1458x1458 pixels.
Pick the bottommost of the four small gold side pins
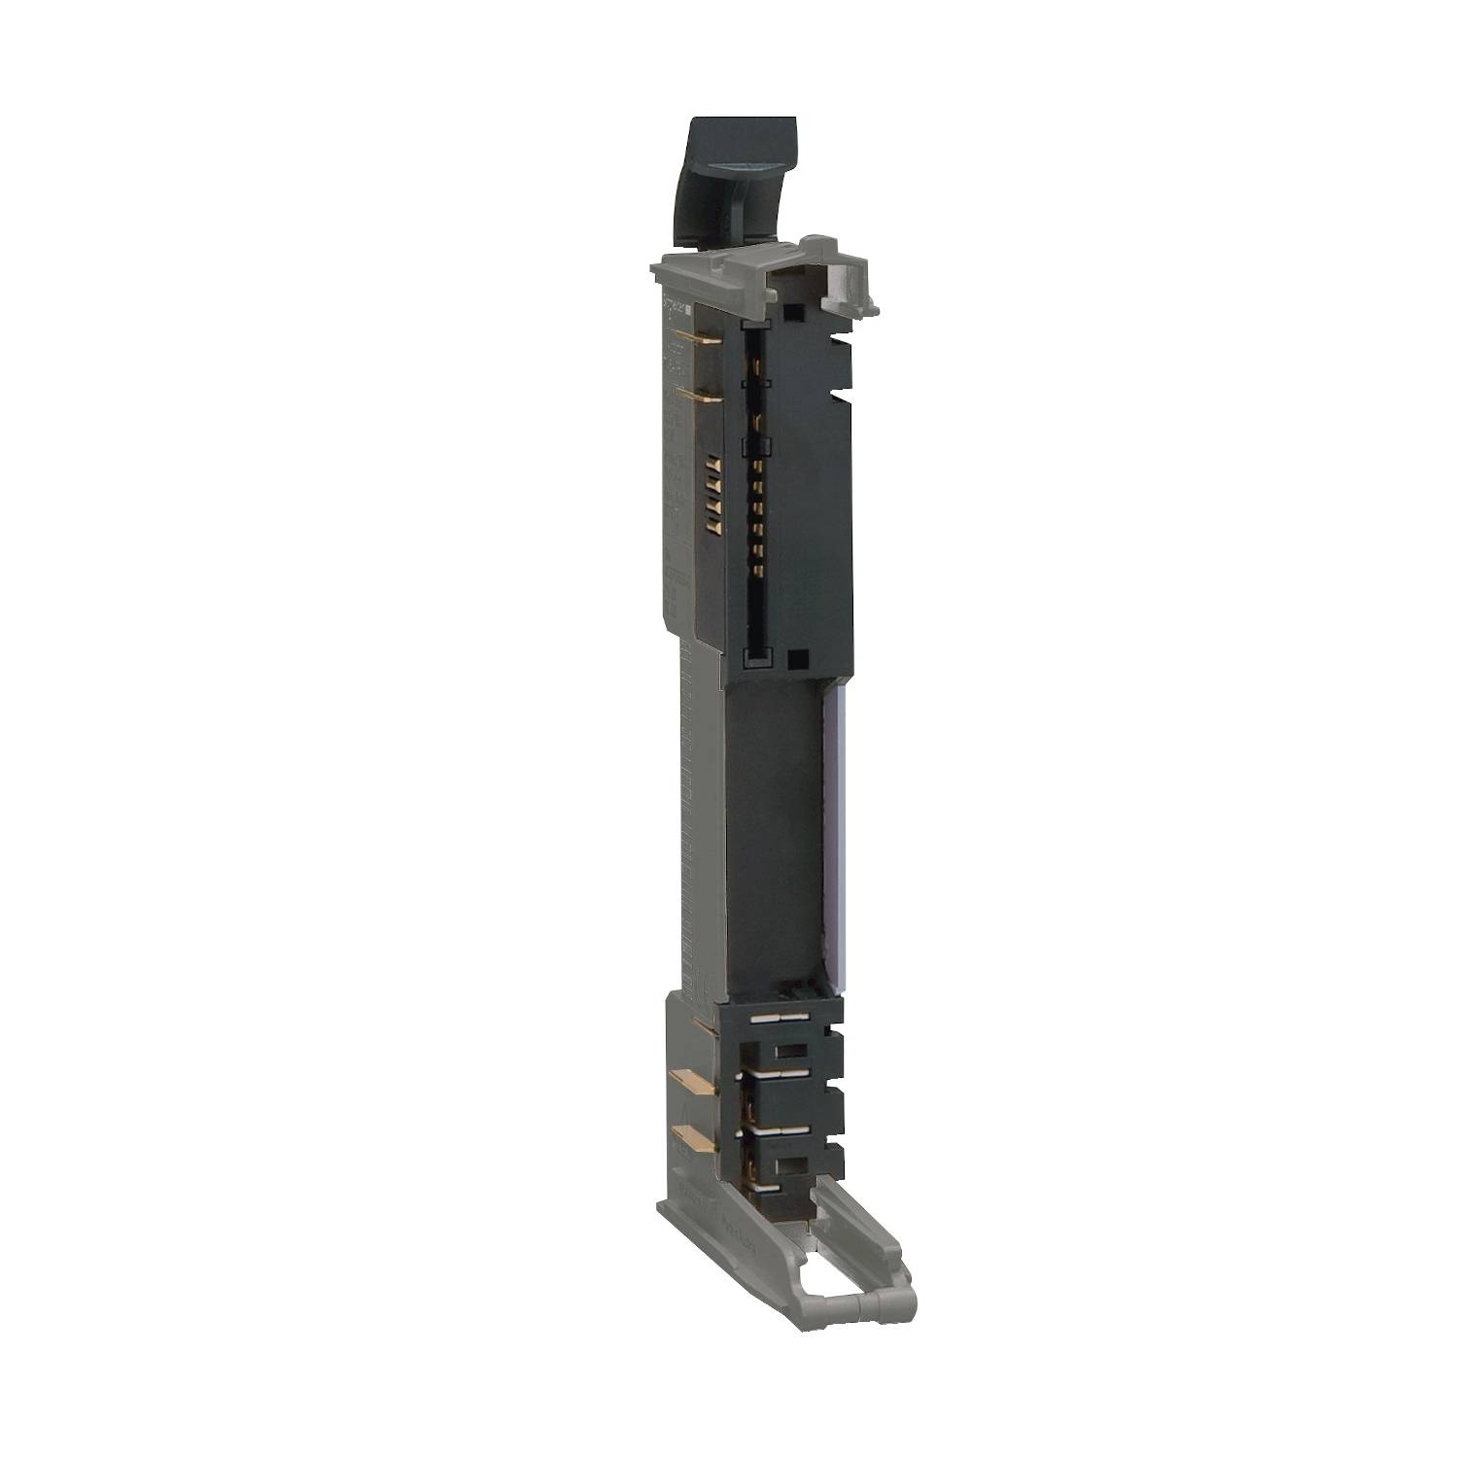pos(712,526)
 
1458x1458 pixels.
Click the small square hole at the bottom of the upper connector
pos(797,659)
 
